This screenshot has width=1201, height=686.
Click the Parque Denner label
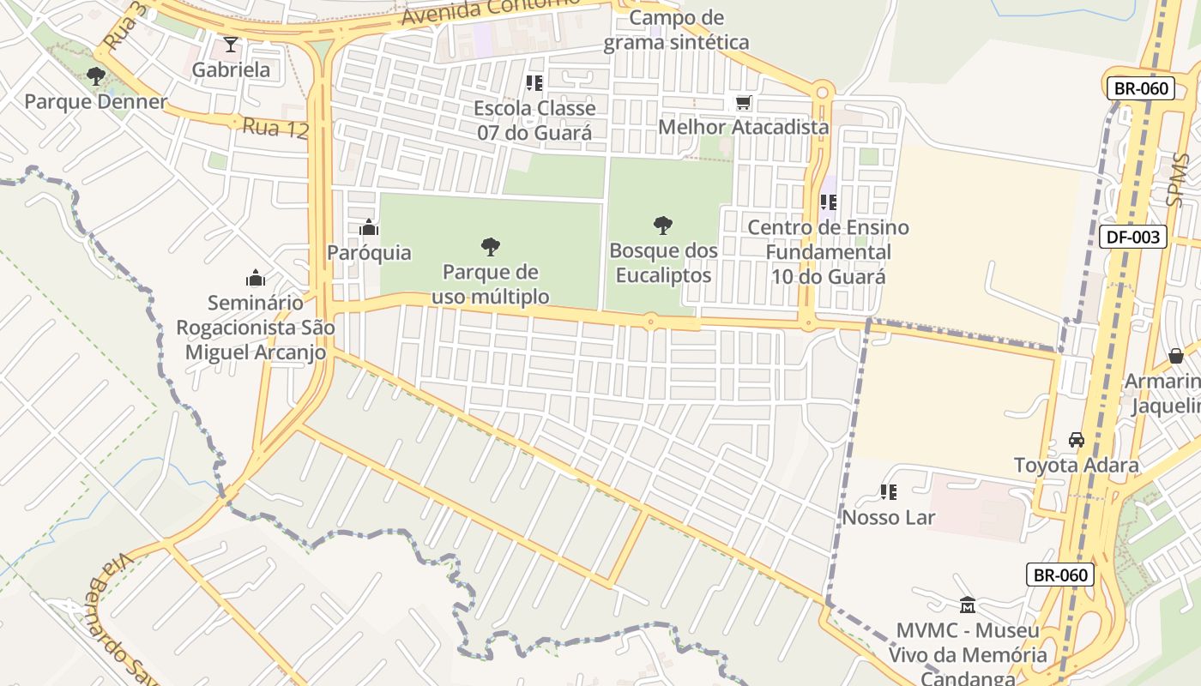(x=95, y=101)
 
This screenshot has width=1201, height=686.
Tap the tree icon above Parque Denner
(x=96, y=76)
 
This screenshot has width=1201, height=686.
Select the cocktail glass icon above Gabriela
(x=230, y=45)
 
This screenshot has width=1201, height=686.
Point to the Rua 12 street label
(x=275, y=128)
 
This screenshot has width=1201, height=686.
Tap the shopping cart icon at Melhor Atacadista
(x=743, y=103)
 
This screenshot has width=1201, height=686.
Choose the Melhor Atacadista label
(x=743, y=128)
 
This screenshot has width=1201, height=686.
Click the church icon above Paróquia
(x=369, y=227)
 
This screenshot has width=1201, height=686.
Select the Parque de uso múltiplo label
(x=490, y=284)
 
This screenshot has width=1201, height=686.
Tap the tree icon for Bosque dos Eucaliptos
(x=662, y=226)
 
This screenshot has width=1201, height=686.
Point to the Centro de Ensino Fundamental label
(x=828, y=252)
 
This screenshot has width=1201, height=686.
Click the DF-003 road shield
(x=1132, y=237)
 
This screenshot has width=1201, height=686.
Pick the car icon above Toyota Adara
(x=1076, y=440)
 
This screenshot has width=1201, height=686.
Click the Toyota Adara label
(x=1076, y=465)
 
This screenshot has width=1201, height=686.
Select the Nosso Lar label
(x=888, y=517)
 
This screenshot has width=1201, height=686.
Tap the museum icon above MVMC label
(x=968, y=605)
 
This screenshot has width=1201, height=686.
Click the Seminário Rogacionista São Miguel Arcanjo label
(x=256, y=327)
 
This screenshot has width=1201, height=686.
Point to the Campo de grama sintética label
(x=676, y=30)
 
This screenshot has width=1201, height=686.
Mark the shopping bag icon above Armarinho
(x=1175, y=356)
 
